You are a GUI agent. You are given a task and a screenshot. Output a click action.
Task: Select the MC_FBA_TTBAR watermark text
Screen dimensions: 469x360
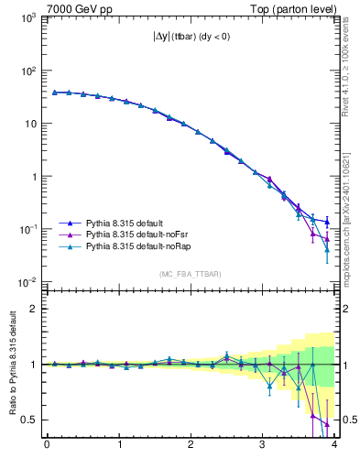click(x=190, y=274)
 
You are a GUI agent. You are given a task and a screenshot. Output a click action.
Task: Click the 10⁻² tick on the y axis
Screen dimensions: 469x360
click(x=27, y=281)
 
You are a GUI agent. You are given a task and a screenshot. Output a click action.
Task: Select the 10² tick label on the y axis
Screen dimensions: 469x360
click(x=27, y=71)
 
